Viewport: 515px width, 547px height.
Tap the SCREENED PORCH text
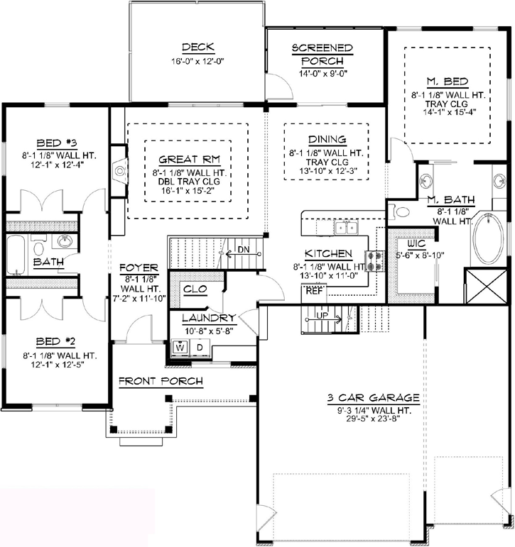[x=322, y=54]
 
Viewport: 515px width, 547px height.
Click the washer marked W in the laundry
[x=180, y=348]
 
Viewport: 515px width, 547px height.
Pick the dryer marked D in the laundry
[x=200, y=348]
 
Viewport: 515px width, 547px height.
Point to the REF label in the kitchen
[x=313, y=290]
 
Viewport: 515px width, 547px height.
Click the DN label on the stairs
[x=244, y=250]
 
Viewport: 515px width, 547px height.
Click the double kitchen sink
[x=346, y=227]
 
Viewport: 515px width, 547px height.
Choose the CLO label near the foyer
[x=194, y=289]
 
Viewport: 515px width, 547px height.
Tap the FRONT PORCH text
[x=161, y=382]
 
